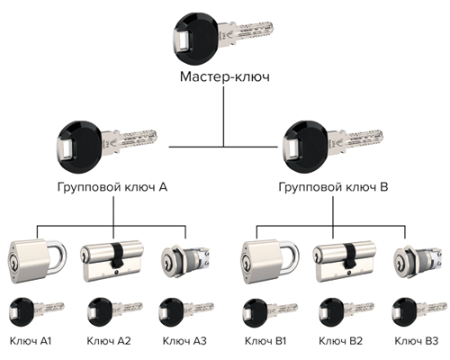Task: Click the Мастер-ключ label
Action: [225, 76]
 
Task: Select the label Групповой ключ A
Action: [112, 187]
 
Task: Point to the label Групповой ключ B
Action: [333, 187]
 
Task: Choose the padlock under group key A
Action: [37, 260]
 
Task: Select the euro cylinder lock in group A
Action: [112, 261]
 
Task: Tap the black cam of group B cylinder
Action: [350, 256]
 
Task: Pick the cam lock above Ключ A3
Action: [185, 260]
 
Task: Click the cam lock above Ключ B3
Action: [418, 260]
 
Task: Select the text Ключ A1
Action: [31, 341]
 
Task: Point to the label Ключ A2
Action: [109, 341]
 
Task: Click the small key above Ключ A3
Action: [186, 312]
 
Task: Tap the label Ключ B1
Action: [265, 341]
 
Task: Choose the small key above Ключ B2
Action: [346, 312]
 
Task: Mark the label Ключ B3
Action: [417, 341]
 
